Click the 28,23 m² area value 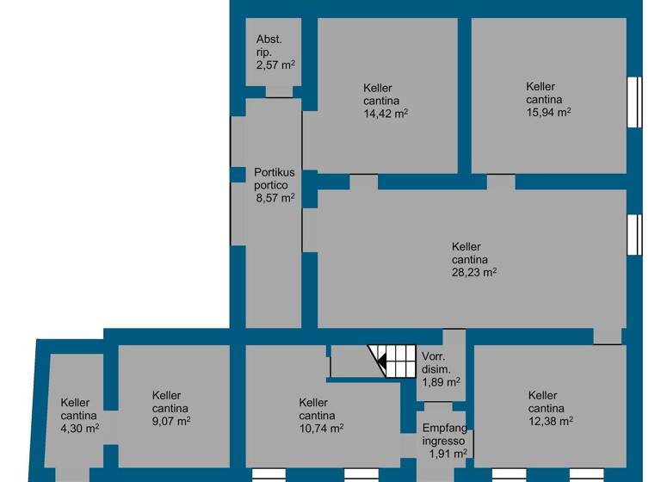tap(473, 272)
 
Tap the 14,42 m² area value tap(385, 113)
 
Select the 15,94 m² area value tap(548, 111)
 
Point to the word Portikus tap(275, 172)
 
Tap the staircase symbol tap(392, 361)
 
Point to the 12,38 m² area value tap(550, 420)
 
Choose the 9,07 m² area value tap(170, 421)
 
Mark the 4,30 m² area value tap(79, 427)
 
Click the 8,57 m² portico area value tap(275, 197)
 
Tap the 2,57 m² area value tap(275, 65)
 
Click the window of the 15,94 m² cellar tap(634, 102)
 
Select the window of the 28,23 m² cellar tap(634, 235)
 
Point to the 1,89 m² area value tap(441, 382)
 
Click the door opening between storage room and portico tap(279, 92)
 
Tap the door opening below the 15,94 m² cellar tap(501, 182)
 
